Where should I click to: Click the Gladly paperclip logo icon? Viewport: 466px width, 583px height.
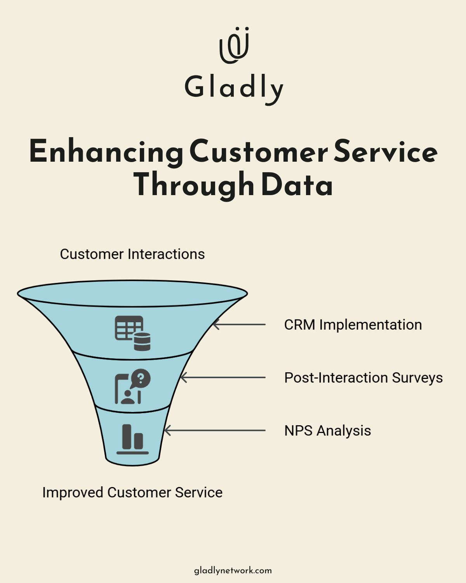click(x=234, y=45)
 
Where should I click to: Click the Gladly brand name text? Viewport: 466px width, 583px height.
click(x=234, y=88)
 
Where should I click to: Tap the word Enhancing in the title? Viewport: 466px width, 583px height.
click(x=106, y=152)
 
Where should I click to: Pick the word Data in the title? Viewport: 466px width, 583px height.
click(x=297, y=185)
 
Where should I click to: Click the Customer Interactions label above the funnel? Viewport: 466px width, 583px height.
click(x=132, y=254)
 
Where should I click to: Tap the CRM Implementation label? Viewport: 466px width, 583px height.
click(x=353, y=325)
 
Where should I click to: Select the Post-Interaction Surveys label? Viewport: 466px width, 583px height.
click(x=363, y=378)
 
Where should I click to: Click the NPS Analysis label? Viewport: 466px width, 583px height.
click(x=327, y=431)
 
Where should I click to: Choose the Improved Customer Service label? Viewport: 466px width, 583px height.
click(x=132, y=492)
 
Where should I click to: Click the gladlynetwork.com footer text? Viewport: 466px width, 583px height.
click(x=233, y=571)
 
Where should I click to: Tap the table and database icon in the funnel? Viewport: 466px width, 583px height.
click(x=132, y=333)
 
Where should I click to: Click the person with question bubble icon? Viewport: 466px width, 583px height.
click(x=132, y=386)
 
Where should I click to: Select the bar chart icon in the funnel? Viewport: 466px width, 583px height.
click(x=132, y=439)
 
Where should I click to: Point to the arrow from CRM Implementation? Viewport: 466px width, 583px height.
click(x=239, y=325)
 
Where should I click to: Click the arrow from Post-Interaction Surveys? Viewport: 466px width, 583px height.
click(x=223, y=377)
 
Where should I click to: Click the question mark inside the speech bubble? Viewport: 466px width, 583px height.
click(x=141, y=378)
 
